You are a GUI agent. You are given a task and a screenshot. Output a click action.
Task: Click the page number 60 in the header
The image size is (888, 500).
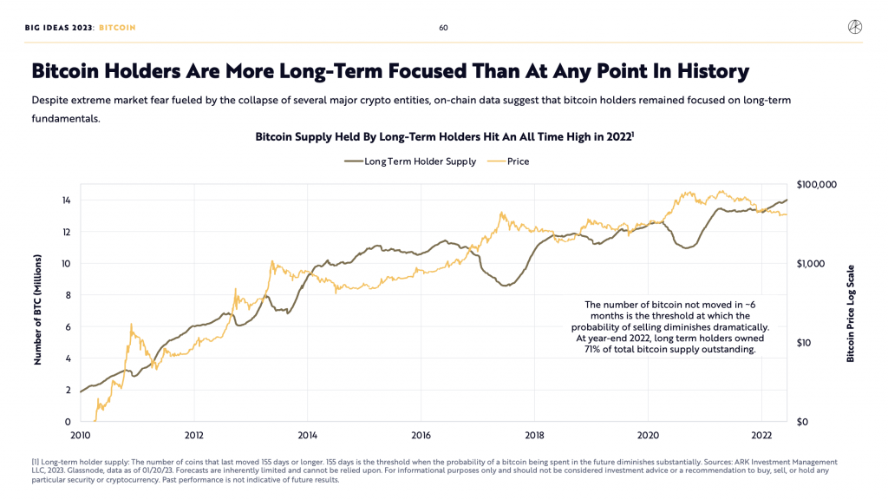443,28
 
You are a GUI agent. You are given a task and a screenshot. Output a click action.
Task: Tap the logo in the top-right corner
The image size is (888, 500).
854,27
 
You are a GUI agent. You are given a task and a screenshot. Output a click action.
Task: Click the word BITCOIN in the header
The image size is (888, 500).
117,28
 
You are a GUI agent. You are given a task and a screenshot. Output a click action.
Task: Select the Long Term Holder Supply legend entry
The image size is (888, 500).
410,161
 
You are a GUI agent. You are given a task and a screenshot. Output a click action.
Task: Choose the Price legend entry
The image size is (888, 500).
508,161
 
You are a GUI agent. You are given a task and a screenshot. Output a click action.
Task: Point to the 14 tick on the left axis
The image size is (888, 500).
66,201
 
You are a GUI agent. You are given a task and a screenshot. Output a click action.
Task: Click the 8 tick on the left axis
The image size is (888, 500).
69,295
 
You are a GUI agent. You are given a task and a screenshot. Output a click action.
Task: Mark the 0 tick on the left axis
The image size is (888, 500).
69,422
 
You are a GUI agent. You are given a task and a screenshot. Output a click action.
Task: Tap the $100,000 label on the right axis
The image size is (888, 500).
816,185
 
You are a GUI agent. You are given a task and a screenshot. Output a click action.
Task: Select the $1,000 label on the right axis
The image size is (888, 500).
811,264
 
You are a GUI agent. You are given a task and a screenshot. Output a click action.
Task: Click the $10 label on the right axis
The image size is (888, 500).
803,342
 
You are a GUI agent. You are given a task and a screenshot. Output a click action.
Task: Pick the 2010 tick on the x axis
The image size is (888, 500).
81,436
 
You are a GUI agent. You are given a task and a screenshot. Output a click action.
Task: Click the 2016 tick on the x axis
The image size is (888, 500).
421,436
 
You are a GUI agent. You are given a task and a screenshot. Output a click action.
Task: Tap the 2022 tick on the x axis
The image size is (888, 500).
761,436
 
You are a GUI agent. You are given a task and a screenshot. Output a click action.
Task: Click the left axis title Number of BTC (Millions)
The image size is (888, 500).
38,310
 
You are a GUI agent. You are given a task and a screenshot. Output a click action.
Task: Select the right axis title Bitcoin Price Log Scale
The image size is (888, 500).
850,313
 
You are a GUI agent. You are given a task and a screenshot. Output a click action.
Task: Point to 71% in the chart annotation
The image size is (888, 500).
592,349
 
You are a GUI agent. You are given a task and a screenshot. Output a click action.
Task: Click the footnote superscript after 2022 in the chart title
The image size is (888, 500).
632,134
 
